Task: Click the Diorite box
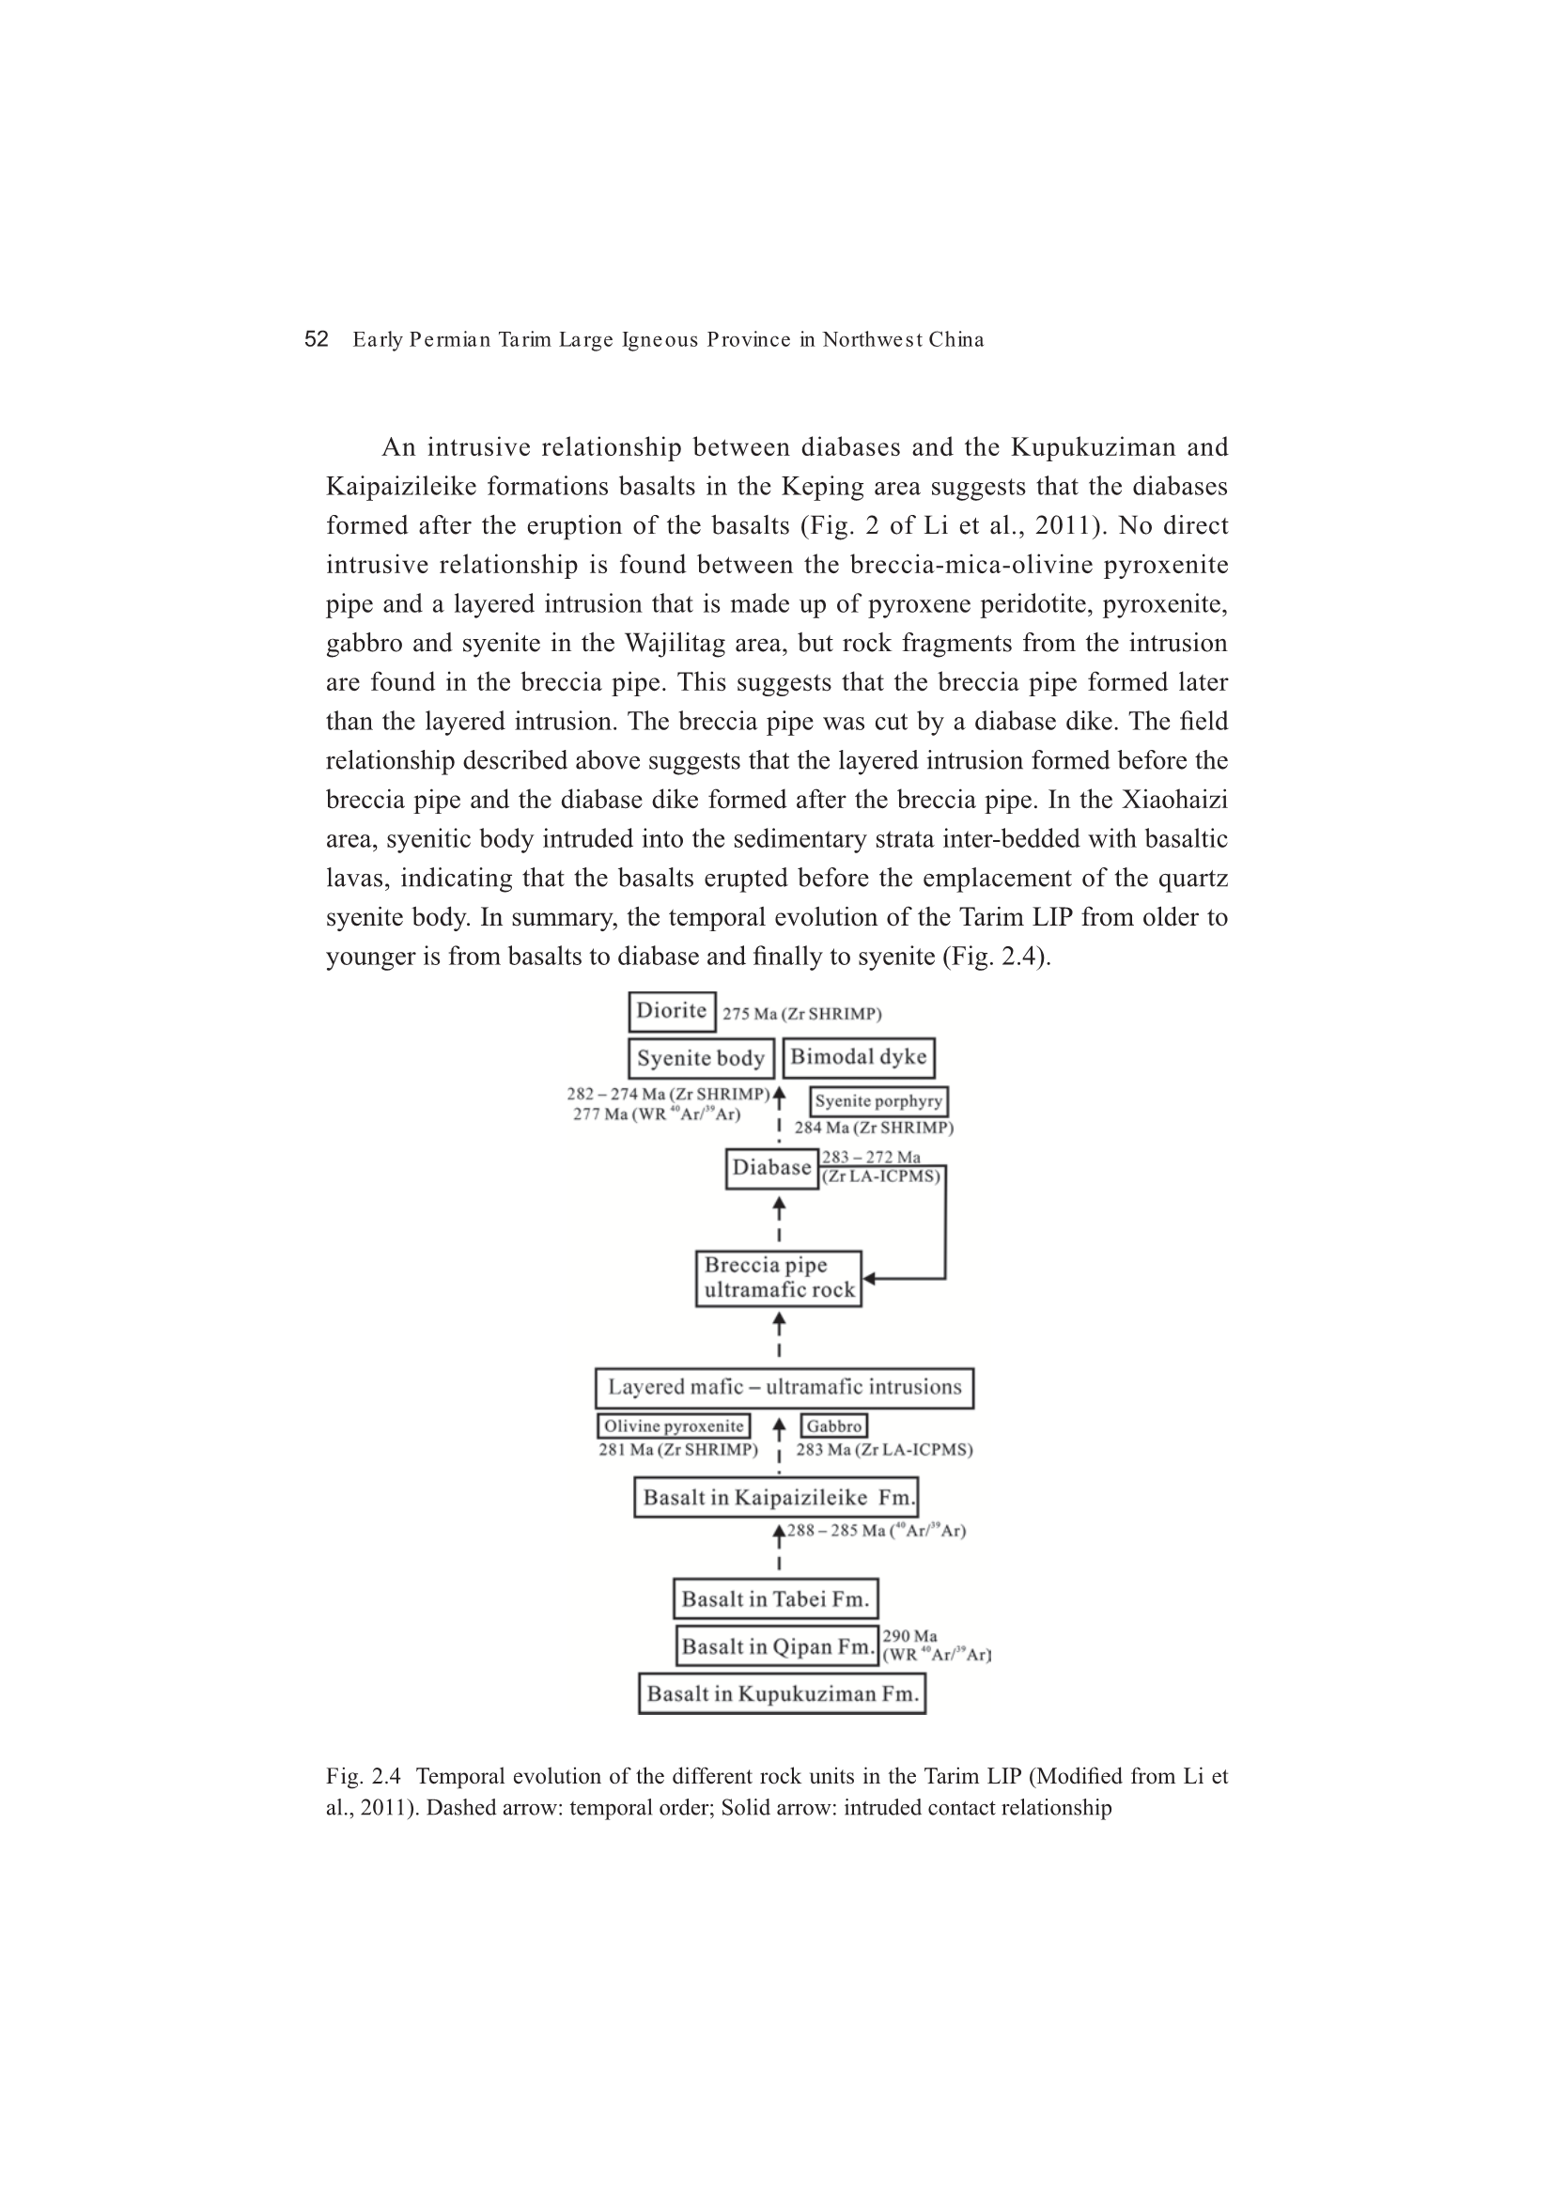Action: pos(672,1011)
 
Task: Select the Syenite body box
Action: pos(701,1058)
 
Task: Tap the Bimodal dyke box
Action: pos(859,1057)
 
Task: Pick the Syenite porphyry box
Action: pos(878,1101)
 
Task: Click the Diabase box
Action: pos(771,1168)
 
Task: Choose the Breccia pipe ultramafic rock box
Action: pos(778,1278)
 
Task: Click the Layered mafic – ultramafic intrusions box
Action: pos(784,1388)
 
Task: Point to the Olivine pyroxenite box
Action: pos(674,1426)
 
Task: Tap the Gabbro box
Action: pos(834,1426)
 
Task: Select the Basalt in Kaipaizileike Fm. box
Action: pos(776,1498)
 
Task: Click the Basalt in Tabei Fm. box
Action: pos(775,1599)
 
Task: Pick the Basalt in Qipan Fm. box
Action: pos(777,1645)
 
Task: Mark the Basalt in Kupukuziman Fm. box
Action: pos(782,1693)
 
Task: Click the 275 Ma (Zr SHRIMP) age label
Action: pos(801,1014)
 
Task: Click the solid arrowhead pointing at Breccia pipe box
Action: pos(869,1278)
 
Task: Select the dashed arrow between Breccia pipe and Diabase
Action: pos(779,1220)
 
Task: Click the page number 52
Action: pos(316,339)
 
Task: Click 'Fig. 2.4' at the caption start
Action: pos(363,1777)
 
